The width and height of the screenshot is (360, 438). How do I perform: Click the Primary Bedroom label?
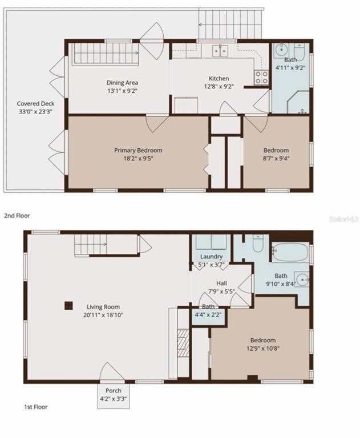[138, 151]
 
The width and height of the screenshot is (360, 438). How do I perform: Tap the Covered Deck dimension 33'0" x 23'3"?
[35, 112]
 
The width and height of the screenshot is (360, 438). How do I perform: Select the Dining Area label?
[122, 83]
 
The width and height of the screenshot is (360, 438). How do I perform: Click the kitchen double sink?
[220, 51]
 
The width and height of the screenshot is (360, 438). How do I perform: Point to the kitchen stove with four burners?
[261, 77]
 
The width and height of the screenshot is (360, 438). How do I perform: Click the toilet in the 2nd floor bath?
[300, 50]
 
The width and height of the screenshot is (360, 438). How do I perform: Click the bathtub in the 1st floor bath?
[290, 252]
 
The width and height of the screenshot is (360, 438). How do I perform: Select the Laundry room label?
[211, 257]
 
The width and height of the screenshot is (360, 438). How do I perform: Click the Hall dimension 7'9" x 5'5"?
[221, 291]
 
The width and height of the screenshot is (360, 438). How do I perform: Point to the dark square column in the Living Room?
[69, 306]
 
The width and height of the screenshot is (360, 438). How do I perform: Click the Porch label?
[113, 391]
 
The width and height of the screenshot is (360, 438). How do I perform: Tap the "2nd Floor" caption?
[17, 216]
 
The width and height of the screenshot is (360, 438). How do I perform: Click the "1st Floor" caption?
[36, 407]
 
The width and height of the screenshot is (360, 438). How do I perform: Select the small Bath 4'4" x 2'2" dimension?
[208, 315]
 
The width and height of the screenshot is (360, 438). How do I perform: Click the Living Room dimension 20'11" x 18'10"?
[103, 315]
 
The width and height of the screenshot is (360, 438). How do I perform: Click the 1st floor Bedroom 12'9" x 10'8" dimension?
[263, 348]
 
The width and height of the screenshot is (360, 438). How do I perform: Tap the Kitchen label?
[219, 79]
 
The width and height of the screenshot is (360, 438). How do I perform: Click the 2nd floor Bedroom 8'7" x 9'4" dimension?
[276, 159]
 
